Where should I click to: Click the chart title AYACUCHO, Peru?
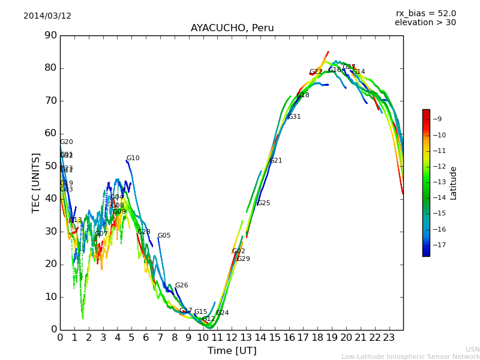[x=232, y=28]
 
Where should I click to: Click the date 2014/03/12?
[x=47, y=16]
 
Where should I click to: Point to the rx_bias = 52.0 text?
[x=425, y=13]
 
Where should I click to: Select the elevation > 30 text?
[x=425, y=23]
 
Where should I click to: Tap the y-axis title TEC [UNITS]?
[x=36, y=182]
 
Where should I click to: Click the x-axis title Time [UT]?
[x=232, y=351]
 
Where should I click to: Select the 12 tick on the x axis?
[x=232, y=338]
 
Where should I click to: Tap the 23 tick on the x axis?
[x=389, y=338]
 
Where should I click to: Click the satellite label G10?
[x=133, y=158]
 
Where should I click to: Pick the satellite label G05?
[x=164, y=236]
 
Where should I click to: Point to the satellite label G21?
[x=275, y=161]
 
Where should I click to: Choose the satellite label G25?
[x=263, y=203]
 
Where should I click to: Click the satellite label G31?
[x=294, y=117]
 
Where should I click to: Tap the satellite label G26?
[x=181, y=286]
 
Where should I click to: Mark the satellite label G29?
[x=243, y=259]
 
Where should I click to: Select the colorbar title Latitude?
[x=454, y=183]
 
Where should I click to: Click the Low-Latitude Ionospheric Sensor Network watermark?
[x=410, y=356]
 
